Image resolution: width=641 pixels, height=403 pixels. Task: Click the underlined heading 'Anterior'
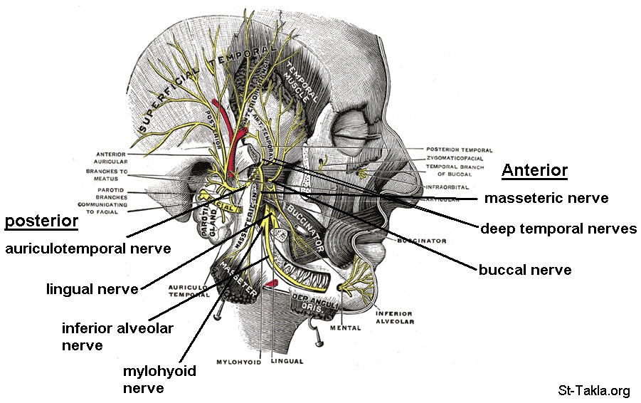(534, 170)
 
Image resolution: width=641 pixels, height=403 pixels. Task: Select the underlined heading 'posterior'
(41, 221)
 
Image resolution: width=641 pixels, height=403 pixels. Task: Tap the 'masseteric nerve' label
(546, 198)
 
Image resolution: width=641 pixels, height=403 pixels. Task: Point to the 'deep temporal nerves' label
(558, 229)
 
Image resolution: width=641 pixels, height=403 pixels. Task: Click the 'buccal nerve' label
(525, 270)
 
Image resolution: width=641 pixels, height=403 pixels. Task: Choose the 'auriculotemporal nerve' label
(88, 248)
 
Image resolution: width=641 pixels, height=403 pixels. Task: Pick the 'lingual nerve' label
(92, 289)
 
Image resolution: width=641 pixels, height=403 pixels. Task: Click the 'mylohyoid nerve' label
(159, 379)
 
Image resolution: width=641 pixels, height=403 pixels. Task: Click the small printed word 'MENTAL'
(346, 328)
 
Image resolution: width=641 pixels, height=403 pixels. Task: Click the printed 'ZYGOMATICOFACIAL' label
(459, 158)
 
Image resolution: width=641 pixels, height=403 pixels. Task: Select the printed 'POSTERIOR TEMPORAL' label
(460, 150)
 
